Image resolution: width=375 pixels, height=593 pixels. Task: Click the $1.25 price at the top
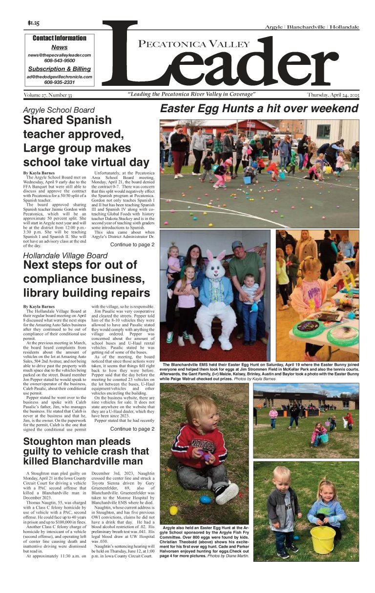tap(34, 23)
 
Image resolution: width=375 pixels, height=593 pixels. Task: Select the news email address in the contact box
tap(59, 55)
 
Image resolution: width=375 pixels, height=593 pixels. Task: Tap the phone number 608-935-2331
tap(59, 82)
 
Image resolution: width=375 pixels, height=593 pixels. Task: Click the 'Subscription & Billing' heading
tap(59, 69)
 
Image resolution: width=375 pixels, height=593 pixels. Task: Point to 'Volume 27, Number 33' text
tap(48, 95)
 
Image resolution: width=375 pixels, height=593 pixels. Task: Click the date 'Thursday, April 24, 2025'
tap(333, 95)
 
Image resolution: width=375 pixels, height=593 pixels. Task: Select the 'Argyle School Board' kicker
tap(59, 110)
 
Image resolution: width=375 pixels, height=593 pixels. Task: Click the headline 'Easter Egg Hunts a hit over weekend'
tap(259, 108)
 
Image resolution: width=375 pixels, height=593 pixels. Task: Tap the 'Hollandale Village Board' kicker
tap(65, 256)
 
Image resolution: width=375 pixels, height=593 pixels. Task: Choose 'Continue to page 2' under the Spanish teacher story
tap(132, 244)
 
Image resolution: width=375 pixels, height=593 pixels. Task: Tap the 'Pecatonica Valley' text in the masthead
tap(194, 44)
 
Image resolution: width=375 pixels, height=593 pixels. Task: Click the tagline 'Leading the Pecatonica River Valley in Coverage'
tap(191, 94)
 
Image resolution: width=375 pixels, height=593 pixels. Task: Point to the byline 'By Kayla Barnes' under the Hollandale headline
tap(39, 306)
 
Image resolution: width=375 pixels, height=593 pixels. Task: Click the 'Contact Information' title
tap(59, 38)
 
